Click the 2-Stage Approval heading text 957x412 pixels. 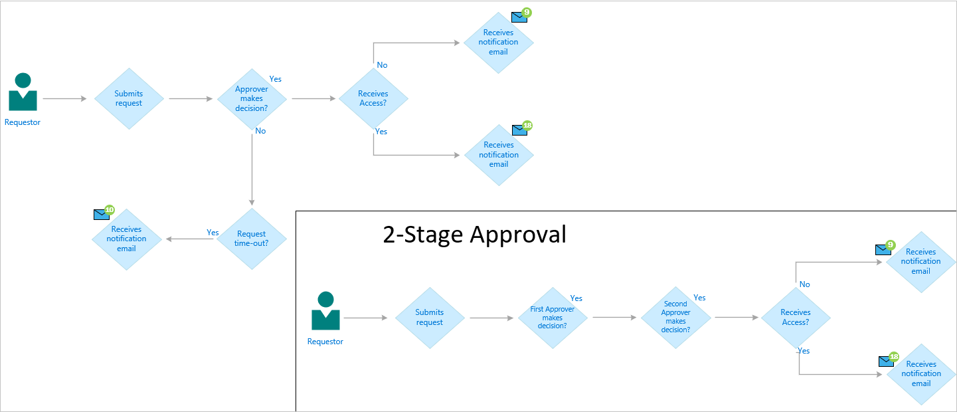click(474, 235)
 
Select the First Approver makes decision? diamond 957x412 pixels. click(553, 318)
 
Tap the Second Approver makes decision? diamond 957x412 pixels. click(675, 318)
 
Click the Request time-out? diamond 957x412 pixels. click(252, 239)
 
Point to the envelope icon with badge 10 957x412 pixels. click(101, 215)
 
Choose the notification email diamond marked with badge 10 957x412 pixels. click(126, 239)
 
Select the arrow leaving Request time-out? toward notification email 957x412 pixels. click(191, 239)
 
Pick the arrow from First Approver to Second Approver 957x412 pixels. click(614, 318)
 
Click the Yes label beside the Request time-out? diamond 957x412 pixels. click(213, 233)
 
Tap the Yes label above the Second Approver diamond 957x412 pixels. click(699, 298)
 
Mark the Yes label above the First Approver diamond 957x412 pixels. click(576, 298)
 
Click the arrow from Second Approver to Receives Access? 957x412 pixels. click(737, 318)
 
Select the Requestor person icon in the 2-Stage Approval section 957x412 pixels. click(325, 312)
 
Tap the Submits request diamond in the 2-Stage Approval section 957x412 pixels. click(430, 318)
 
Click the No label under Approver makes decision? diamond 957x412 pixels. click(260, 131)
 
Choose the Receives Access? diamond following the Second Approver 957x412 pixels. click(796, 318)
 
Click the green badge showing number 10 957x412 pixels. click(110, 210)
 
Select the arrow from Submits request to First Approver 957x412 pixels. click(493, 318)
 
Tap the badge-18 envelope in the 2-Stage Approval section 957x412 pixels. click(885, 361)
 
